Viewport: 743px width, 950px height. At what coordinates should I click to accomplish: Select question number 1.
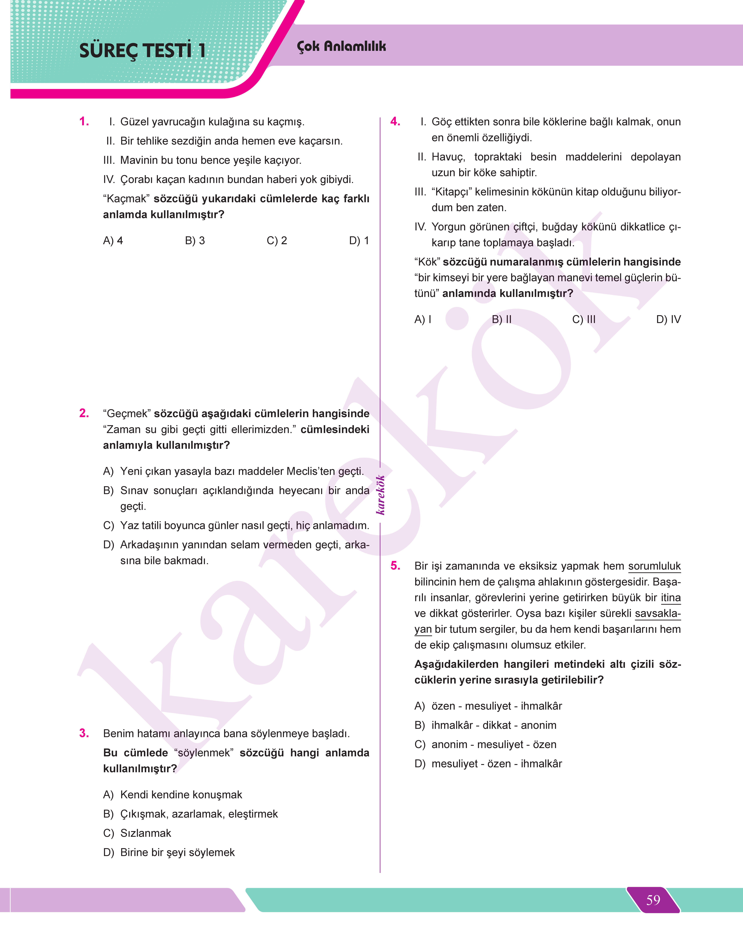click(84, 121)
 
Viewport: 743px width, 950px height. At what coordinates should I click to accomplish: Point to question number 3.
click(84, 733)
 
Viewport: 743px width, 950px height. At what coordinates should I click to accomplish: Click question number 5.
click(395, 566)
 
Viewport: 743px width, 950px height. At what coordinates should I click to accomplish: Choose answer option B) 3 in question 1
click(195, 241)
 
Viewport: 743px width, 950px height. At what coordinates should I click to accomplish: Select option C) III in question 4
click(584, 319)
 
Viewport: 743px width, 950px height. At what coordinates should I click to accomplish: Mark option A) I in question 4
click(423, 319)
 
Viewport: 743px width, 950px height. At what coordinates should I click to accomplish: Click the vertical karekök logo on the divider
click(381, 495)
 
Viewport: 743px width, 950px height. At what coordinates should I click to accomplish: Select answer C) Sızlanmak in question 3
click(137, 833)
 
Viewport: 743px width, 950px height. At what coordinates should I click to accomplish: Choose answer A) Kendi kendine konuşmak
click(173, 795)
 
